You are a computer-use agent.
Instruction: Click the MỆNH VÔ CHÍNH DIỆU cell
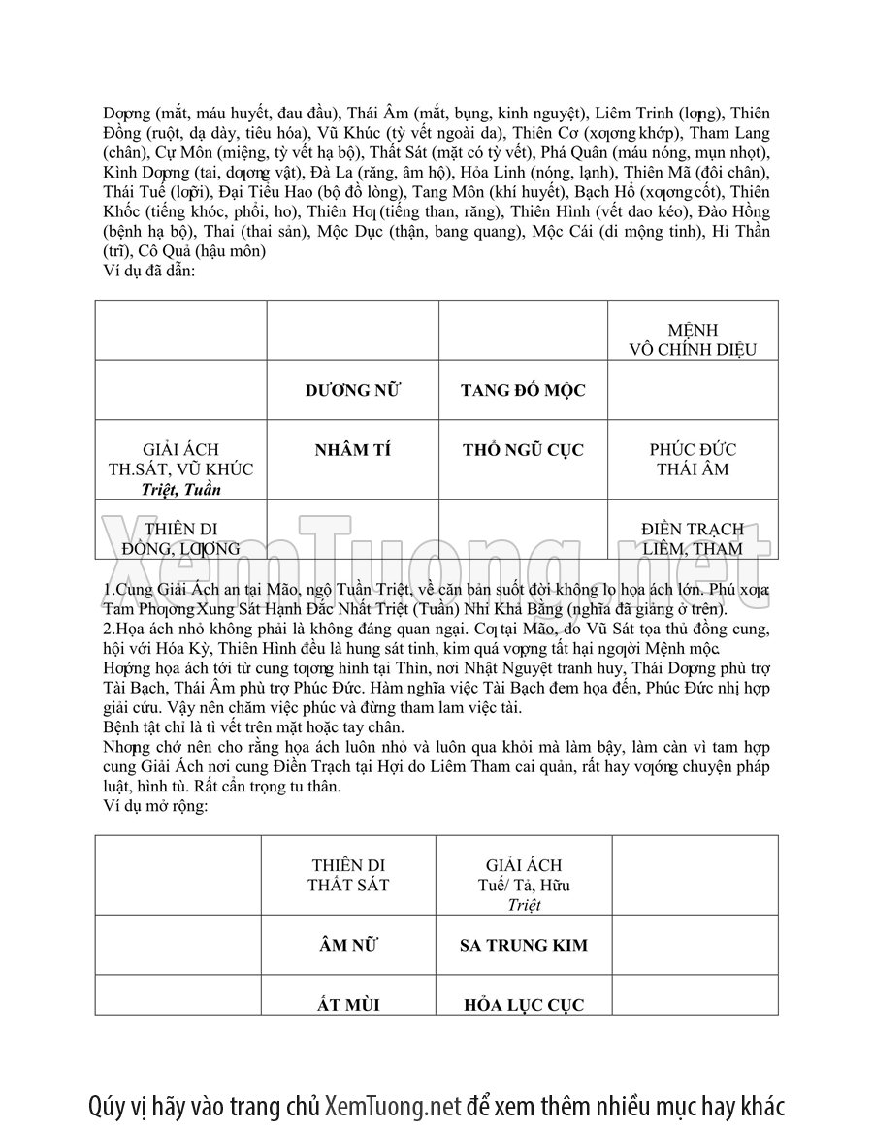693,340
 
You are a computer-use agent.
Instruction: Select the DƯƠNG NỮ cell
353,390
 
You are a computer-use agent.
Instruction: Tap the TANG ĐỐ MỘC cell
523,390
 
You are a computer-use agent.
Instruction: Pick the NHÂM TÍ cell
353,450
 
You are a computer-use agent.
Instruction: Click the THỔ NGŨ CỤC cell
523,450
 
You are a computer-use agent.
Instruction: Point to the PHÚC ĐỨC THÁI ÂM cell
693,460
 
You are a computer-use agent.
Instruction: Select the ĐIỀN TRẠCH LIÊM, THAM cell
693,538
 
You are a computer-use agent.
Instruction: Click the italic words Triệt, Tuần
180,489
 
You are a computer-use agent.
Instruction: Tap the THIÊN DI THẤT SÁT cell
348,875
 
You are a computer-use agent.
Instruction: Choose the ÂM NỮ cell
348,944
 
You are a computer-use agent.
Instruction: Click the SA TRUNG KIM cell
524,945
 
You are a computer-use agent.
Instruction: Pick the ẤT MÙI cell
348,1004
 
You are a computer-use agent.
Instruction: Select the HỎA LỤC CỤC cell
524,1005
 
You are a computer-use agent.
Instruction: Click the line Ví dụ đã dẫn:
149,271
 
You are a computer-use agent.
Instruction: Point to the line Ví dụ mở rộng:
155,806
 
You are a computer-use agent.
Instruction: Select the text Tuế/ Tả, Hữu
524,885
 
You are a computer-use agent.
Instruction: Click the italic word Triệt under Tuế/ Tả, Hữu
524,905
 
